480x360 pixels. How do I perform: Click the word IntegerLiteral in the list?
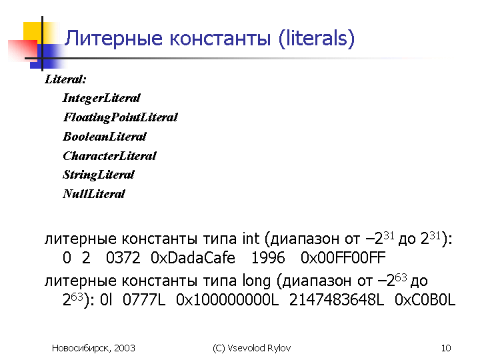pyautogui.click(x=101, y=98)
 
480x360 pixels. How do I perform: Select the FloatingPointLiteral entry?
pyautogui.click(x=120, y=117)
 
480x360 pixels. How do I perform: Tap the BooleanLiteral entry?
pyautogui.click(x=105, y=137)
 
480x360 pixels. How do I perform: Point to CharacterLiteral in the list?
pyautogui.click(x=109, y=156)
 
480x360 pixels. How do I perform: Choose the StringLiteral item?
pyautogui.click(x=98, y=175)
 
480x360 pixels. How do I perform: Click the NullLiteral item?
pyautogui.click(x=94, y=194)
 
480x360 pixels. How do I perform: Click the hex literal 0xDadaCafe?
pyautogui.click(x=193, y=258)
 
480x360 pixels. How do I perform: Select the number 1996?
pyautogui.click(x=268, y=258)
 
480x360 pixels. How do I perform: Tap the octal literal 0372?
pyautogui.click(x=123, y=258)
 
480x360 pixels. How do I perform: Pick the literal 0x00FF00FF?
pyautogui.click(x=343, y=258)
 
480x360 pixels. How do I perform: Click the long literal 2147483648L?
pyautogui.click(x=337, y=300)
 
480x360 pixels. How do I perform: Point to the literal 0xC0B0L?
pyautogui.click(x=425, y=300)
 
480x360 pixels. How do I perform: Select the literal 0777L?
pyautogui.click(x=144, y=300)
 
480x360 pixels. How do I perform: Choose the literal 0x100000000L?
pyautogui.click(x=227, y=300)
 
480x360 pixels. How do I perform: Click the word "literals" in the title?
pyautogui.click(x=317, y=38)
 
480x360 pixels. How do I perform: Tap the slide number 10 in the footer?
pyautogui.click(x=446, y=348)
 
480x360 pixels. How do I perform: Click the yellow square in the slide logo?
pyautogui.click(x=33, y=31)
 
